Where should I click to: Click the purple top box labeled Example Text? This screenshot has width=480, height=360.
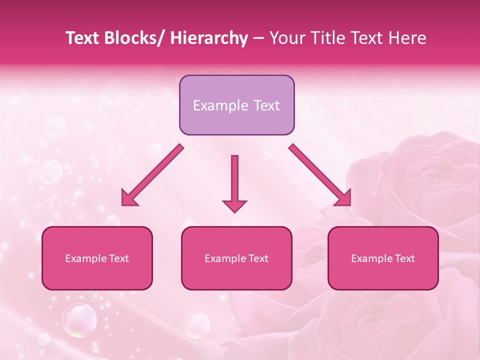pyautogui.click(x=236, y=105)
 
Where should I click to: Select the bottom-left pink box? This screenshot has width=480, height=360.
pyautogui.click(x=97, y=258)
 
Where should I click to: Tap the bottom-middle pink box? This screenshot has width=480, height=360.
pyautogui.click(x=236, y=258)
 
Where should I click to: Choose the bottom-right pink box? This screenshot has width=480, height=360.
pyautogui.click(x=383, y=258)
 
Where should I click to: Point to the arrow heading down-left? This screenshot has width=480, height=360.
pyautogui.click(x=152, y=175)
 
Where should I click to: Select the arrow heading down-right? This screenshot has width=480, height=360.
pyautogui.click(x=320, y=175)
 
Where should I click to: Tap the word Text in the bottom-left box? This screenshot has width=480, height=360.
pyautogui.click(x=118, y=258)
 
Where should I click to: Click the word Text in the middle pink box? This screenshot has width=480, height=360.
pyautogui.click(x=258, y=258)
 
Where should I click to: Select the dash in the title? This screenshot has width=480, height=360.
pyautogui.click(x=258, y=38)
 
